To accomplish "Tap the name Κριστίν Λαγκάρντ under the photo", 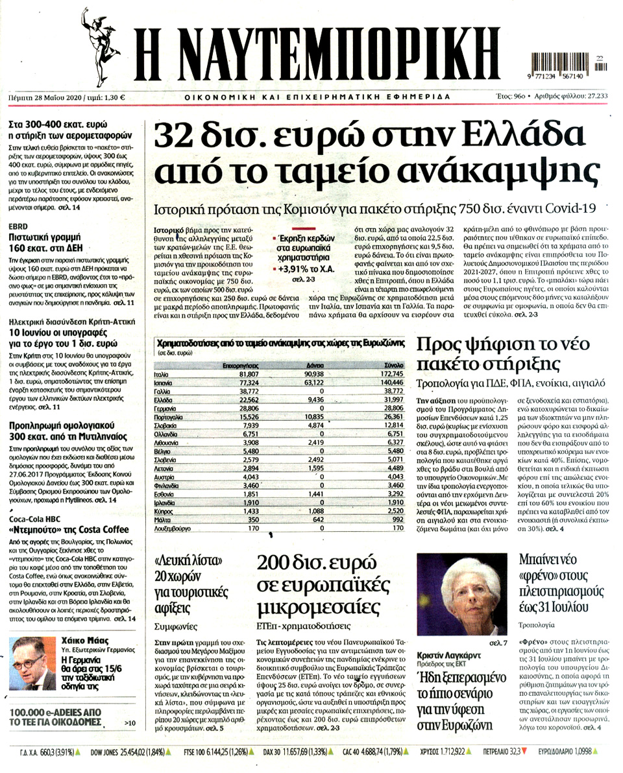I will [448, 655].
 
